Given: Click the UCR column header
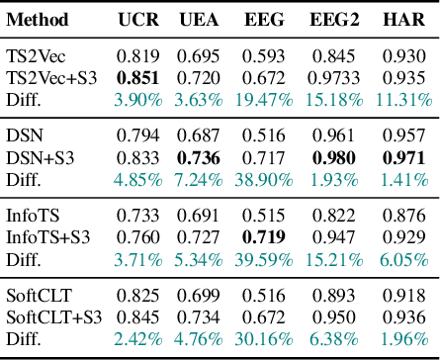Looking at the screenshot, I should (x=138, y=19).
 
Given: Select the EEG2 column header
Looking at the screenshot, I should (x=333, y=19).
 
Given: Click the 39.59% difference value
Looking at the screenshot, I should (x=267, y=260).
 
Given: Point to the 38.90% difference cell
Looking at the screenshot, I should (x=267, y=180).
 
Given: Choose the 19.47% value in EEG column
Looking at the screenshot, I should (x=267, y=99).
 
